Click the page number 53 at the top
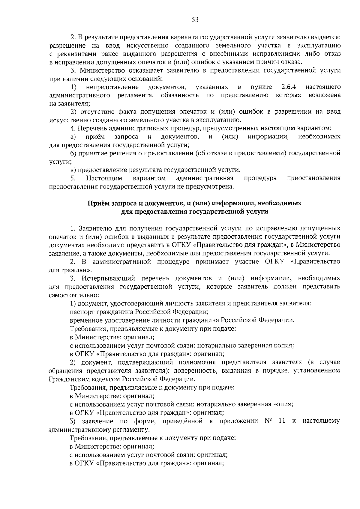[195, 20]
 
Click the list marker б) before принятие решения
[73, 153]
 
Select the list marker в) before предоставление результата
[73, 170]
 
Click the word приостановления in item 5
[313, 178]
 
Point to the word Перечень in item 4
[92, 128]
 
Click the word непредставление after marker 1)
[112, 87]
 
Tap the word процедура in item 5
[260, 178]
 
